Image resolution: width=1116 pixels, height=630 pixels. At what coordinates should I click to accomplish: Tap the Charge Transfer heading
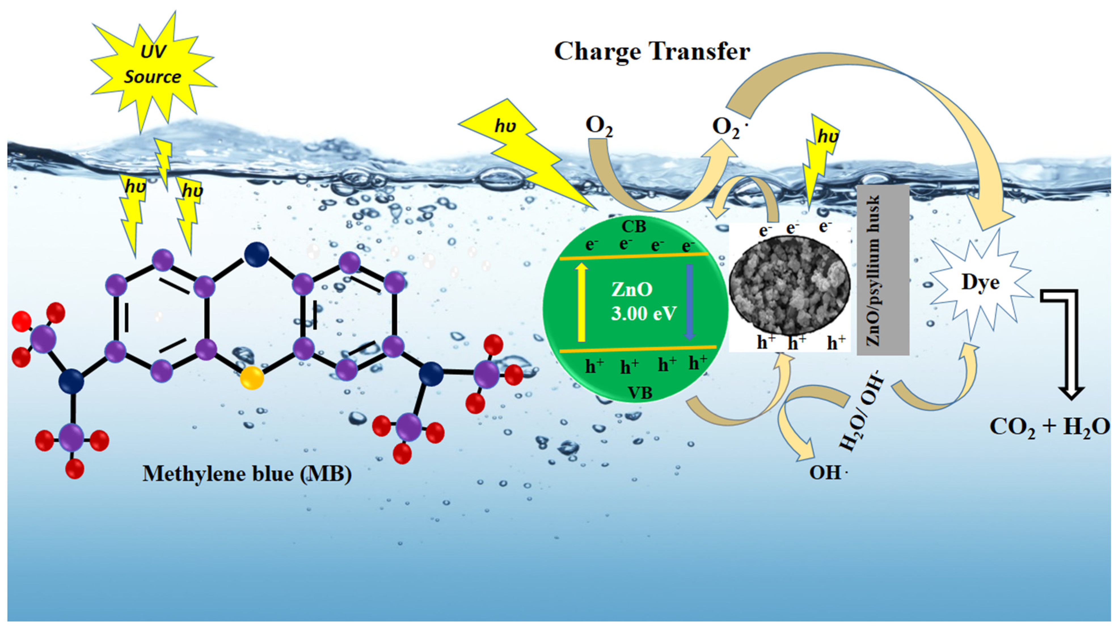point(652,52)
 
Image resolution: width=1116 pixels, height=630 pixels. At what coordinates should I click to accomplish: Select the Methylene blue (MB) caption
point(247,474)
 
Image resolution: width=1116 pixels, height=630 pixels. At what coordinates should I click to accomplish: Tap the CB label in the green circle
point(633,227)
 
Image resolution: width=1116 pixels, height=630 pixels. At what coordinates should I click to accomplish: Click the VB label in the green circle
point(640,393)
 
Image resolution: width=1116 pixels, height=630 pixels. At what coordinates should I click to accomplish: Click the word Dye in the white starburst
point(980,283)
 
